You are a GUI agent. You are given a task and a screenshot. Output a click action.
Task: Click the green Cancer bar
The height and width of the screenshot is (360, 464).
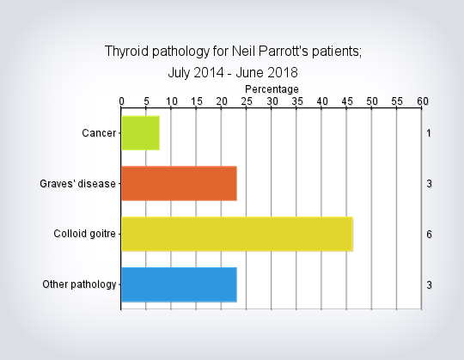tap(141, 133)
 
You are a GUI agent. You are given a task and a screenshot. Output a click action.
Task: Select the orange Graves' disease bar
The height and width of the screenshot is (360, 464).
tap(179, 183)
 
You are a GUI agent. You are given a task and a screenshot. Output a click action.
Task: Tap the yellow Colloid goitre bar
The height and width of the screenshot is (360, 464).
tap(237, 234)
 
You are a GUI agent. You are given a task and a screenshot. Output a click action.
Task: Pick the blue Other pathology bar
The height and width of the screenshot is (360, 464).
tap(179, 284)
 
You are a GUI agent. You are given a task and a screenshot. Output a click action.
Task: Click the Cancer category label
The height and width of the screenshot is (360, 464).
tap(99, 133)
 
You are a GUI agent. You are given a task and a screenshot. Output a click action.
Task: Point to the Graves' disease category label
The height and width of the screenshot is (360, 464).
tap(77, 184)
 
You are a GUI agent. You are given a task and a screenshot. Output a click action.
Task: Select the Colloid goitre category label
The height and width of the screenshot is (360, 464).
tap(84, 234)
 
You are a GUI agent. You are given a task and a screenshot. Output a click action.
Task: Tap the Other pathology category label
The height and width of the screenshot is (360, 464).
tap(79, 284)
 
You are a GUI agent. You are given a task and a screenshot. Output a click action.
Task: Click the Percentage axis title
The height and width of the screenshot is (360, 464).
tap(272, 89)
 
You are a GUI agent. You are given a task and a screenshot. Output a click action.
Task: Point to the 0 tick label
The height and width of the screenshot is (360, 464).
tap(122, 101)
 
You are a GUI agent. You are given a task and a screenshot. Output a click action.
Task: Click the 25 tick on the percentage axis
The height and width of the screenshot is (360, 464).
tap(247, 101)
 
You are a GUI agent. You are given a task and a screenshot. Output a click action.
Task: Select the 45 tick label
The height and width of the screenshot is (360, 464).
tap(347, 101)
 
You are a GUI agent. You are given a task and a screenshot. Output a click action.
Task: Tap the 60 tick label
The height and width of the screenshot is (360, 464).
tap(423, 101)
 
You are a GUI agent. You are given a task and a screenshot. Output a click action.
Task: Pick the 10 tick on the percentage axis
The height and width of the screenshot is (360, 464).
tap(172, 101)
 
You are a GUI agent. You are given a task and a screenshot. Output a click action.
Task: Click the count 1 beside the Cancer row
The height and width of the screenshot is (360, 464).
tap(429, 133)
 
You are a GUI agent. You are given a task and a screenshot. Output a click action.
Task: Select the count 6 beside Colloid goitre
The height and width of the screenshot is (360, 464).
tap(429, 235)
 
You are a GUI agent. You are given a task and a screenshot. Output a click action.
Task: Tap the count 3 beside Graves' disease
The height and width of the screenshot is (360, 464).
tap(429, 184)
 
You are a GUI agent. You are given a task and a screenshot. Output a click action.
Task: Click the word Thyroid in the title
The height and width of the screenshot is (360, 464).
tap(126, 52)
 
